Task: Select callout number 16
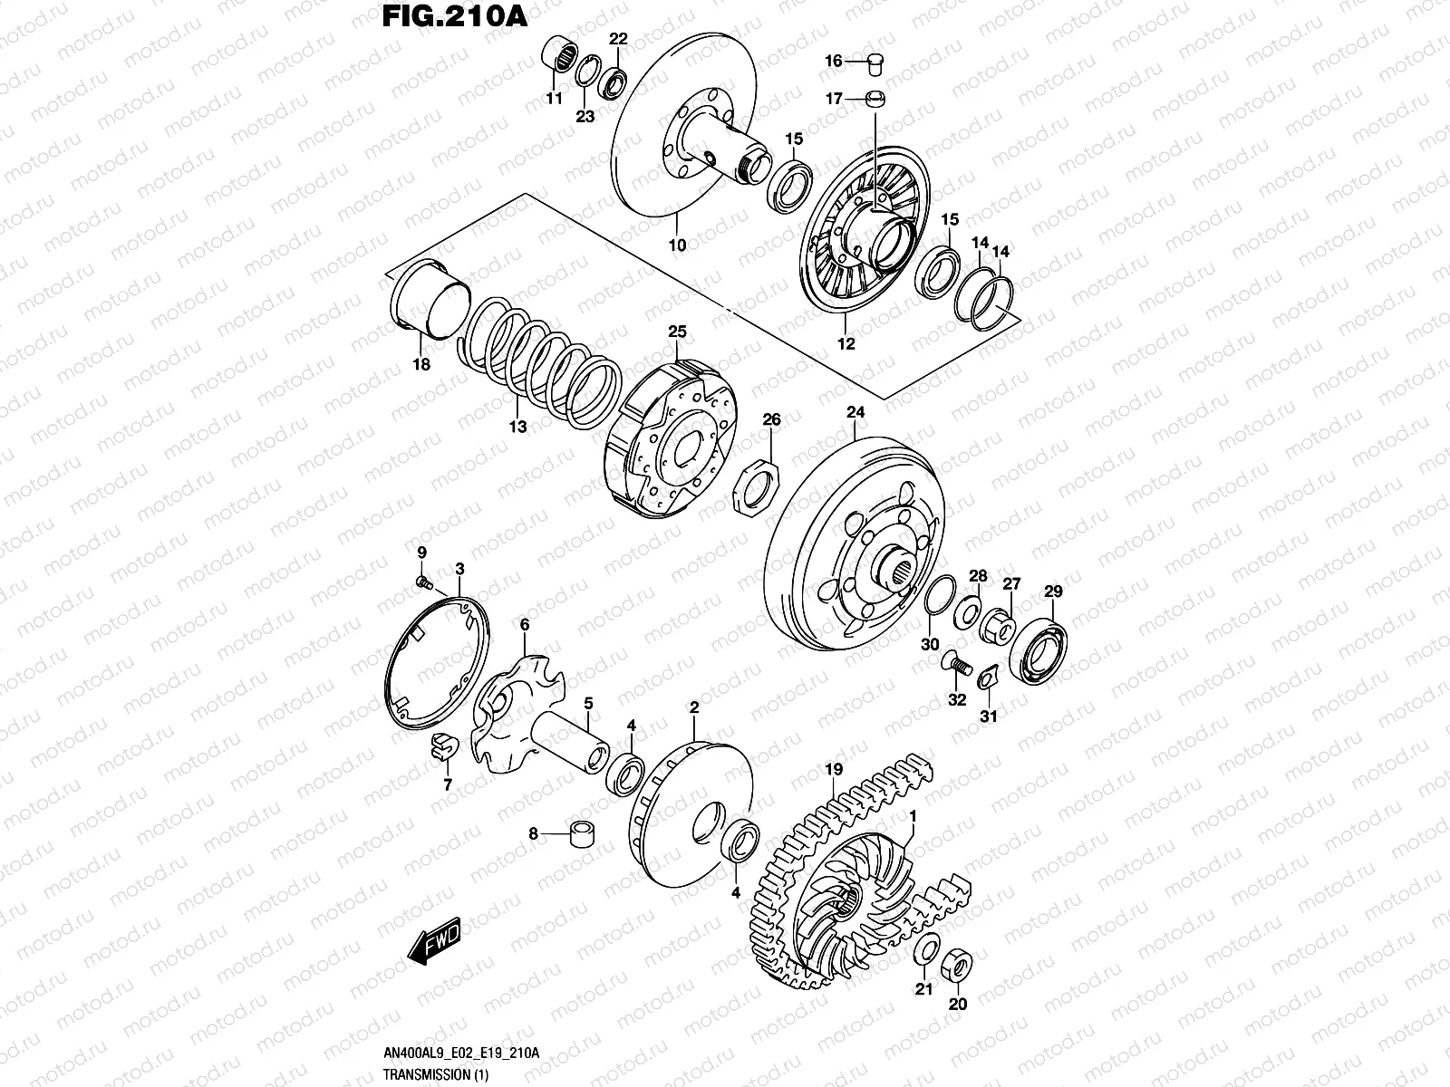[833, 61]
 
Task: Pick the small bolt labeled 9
[422, 581]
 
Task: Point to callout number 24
[855, 412]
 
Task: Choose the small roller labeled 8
[579, 833]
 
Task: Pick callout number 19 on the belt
[834, 771]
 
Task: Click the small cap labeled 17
[876, 99]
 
